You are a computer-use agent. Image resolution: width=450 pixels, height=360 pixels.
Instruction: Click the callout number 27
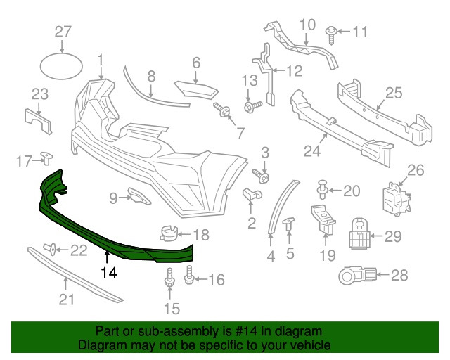[63, 31]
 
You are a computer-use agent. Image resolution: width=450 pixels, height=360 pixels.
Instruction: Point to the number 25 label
[393, 92]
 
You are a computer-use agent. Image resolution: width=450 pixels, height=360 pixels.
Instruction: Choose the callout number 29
[392, 236]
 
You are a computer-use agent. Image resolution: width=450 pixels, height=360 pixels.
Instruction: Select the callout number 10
[307, 26]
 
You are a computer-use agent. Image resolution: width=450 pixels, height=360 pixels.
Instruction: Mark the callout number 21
[65, 300]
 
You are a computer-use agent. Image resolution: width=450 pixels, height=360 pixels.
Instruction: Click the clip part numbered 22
[51, 247]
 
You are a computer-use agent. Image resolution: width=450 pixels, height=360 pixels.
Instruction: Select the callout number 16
[216, 281]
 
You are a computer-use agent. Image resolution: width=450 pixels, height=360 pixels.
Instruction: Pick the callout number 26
[416, 169]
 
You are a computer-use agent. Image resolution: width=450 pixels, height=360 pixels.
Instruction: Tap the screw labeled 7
[223, 111]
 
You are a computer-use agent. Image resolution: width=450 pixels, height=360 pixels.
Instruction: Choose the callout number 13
[250, 81]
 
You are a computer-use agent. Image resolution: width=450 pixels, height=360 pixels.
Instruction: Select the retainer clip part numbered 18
[169, 233]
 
